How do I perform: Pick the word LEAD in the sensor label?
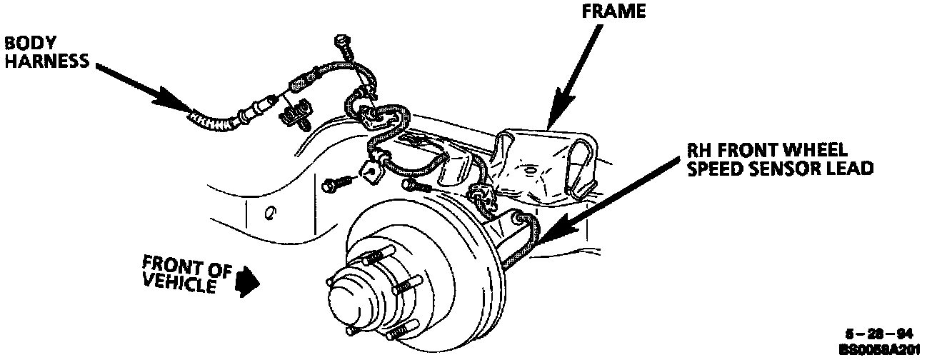(x=849, y=169)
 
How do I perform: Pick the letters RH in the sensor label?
(x=699, y=151)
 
